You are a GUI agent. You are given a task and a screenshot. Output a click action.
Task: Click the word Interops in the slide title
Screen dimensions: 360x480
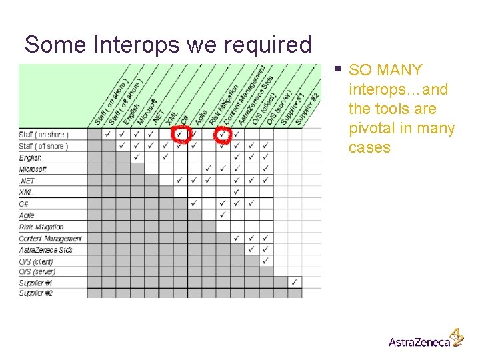pyautogui.click(x=137, y=45)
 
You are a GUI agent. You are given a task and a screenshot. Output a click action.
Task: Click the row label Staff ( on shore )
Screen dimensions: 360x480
pyautogui.click(x=43, y=135)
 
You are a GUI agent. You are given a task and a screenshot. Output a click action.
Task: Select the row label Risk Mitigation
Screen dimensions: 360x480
pyautogui.click(x=41, y=227)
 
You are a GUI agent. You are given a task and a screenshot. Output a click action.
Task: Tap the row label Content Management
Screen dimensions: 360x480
pyautogui.click(x=50, y=239)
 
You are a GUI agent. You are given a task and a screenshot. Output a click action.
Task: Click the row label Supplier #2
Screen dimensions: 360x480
pyautogui.click(x=35, y=293)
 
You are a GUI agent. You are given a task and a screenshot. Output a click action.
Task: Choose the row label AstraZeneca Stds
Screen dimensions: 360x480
pyautogui.click(x=46, y=250)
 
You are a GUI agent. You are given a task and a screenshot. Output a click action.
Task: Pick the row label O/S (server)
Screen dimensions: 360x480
pyautogui.click(x=37, y=272)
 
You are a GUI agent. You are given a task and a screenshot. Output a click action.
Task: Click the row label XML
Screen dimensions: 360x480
pyautogui.click(x=26, y=192)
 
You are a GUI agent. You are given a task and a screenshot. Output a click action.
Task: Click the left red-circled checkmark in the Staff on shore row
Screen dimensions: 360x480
pyautogui.click(x=180, y=134)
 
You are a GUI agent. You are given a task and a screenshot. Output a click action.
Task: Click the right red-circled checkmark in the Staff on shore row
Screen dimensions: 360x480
pyautogui.click(x=222, y=134)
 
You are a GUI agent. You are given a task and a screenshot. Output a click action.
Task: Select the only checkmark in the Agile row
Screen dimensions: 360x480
pyautogui.click(x=223, y=215)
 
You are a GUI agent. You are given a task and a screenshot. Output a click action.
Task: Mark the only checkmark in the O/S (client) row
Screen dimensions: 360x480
pyautogui.click(x=266, y=261)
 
